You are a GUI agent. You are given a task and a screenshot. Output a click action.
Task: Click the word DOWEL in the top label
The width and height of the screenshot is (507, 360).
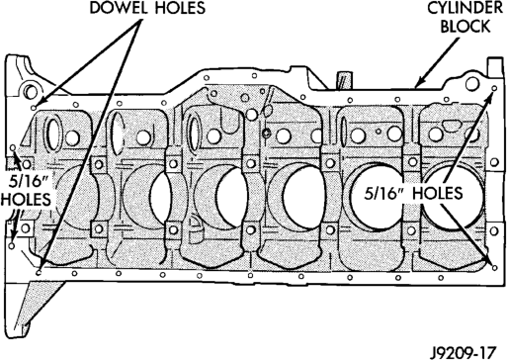point(120,7)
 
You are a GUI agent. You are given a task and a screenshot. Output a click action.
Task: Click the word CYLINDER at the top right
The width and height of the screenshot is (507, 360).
point(465,9)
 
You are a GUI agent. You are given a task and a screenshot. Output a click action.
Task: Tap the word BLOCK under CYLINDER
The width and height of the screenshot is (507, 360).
point(465,27)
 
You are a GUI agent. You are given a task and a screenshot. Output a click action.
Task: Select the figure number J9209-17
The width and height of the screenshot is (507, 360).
point(464,352)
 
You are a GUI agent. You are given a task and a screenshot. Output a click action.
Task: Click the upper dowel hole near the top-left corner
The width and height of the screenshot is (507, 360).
point(34,108)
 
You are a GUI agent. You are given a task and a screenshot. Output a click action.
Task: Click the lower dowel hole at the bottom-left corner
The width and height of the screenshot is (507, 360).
point(39,272)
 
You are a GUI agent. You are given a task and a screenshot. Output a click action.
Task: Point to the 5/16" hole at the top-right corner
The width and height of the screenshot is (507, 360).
point(494,88)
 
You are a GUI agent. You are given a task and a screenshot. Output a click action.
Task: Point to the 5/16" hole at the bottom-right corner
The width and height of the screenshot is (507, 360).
point(494,268)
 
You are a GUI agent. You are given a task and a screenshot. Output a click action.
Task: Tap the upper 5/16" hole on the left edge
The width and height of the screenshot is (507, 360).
point(13,147)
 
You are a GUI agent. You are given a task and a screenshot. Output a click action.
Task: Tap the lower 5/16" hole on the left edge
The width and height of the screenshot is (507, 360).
point(12,246)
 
